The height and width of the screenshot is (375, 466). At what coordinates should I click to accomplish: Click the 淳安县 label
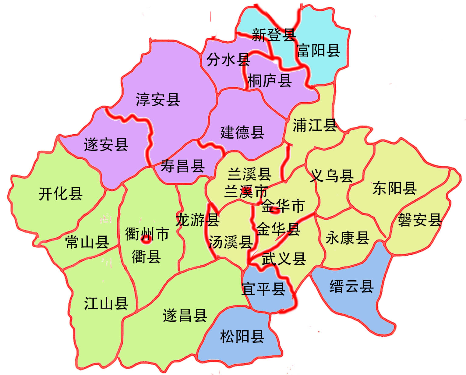point(158,100)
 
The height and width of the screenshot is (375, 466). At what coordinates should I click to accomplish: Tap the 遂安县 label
point(106,144)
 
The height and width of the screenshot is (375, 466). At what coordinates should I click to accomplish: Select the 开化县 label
point(60,193)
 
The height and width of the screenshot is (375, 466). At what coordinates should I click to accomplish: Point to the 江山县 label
point(106,303)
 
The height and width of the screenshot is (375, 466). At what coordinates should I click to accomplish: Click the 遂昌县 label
point(185,315)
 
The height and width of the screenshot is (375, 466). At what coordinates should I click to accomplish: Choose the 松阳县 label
point(242,337)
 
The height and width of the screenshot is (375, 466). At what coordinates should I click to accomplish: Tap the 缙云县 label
point(351,286)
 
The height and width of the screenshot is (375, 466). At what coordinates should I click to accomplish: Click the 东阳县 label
point(394,188)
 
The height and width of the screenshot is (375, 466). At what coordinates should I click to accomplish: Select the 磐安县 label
point(420,220)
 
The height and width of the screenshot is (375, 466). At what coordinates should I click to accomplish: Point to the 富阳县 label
point(318,50)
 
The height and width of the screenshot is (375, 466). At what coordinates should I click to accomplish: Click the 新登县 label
point(274,35)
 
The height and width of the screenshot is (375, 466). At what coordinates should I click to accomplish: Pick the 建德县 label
point(242,132)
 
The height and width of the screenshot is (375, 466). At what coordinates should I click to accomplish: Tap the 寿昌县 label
point(182,166)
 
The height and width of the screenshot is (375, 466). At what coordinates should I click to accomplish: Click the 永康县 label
point(347,238)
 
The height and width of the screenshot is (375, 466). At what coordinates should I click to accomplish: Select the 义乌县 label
point(332,175)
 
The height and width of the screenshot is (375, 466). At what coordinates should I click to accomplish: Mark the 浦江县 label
point(315,125)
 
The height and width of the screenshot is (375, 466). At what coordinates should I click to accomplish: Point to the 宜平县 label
point(263,289)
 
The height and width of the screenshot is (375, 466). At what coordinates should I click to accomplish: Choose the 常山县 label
point(87,242)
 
